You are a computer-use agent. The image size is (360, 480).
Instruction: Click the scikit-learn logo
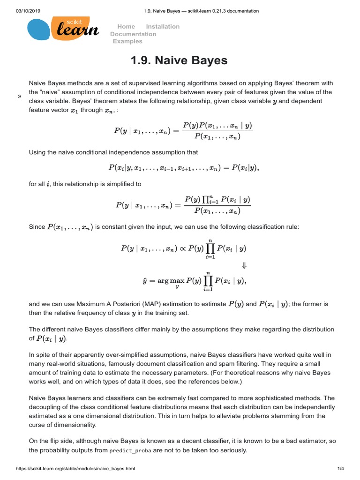point(63,29)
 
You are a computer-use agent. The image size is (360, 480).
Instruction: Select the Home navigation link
point(126,27)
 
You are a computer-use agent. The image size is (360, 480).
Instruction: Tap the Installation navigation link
point(163,27)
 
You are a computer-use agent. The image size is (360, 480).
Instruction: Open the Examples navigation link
point(127,41)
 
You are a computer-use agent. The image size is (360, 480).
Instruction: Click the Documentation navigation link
point(133,34)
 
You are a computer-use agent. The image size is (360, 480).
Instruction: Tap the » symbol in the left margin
point(19,96)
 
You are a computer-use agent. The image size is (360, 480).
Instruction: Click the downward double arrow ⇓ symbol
point(244,265)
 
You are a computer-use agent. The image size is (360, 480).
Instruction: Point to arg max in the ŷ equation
point(170,281)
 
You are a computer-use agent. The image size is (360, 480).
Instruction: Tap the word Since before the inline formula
point(37,227)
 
